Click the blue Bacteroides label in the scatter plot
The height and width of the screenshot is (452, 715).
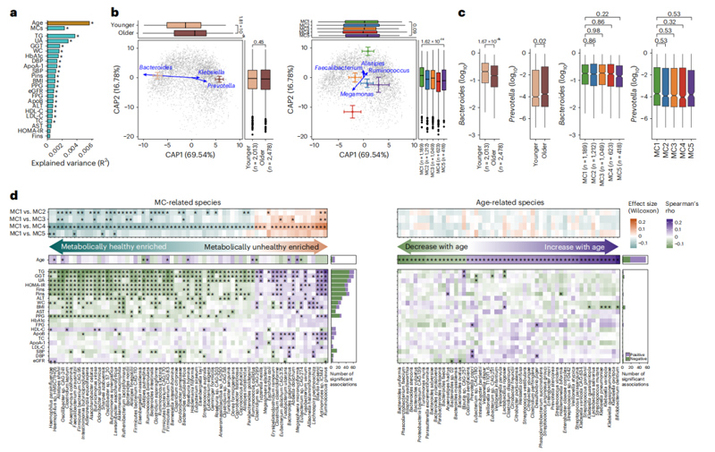(157, 67)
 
